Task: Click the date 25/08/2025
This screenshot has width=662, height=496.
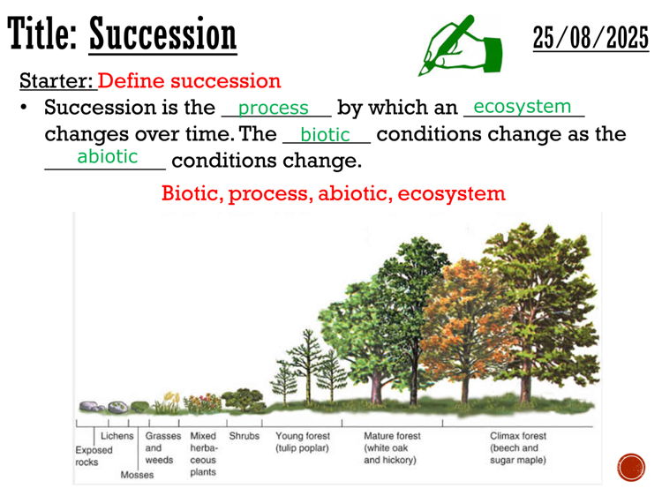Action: click(x=591, y=38)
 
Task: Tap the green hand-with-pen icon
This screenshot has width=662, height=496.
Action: click(x=461, y=46)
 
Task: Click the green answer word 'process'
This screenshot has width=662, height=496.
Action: click(x=273, y=108)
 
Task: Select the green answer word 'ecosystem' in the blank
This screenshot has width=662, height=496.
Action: click(x=523, y=107)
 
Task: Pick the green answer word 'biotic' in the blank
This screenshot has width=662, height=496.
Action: click(x=325, y=135)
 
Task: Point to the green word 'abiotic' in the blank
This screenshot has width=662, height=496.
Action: click(x=107, y=156)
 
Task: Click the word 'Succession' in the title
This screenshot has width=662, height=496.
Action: click(x=163, y=34)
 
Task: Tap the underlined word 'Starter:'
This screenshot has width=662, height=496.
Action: click(x=57, y=80)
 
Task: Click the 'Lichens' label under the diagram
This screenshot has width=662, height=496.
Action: click(x=117, y=436)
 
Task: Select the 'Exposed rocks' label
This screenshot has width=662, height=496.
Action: click(x=94, y=456)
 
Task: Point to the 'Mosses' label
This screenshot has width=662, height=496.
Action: click(x=137, y=475)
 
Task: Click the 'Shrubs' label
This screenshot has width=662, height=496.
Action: click(x=244, y=436)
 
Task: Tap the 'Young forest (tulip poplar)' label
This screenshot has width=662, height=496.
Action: click(x=303, y=442)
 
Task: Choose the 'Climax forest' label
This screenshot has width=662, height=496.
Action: click(x=518, y=436)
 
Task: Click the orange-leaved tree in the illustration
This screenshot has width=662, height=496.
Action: click(x=464, y=329)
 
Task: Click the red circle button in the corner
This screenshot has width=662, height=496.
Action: click(x=631, y=467)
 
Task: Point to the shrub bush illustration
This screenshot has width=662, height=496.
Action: click(x=244, y=400)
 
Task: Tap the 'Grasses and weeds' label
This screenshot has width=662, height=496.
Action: click(x=163, y=447)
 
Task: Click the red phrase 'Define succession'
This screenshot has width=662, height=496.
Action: click(x=190, y=80)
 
